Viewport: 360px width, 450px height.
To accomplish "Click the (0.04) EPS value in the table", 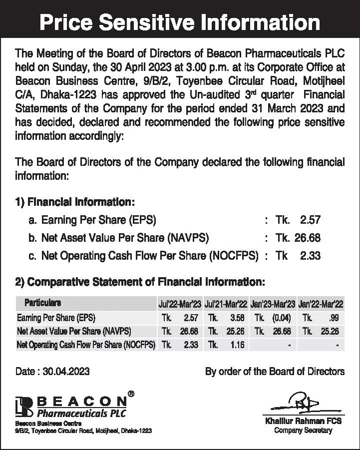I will [x=281, y=318].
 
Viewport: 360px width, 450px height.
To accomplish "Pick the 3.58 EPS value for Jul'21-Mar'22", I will [x=235, y=318].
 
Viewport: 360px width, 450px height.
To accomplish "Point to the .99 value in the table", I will [x=334, y=318].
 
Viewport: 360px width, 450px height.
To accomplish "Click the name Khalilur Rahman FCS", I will [x=303, y=422].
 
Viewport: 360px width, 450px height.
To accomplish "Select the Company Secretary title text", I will [x=303, y=431].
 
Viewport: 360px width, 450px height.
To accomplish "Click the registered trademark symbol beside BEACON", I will [x=131, y=394].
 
